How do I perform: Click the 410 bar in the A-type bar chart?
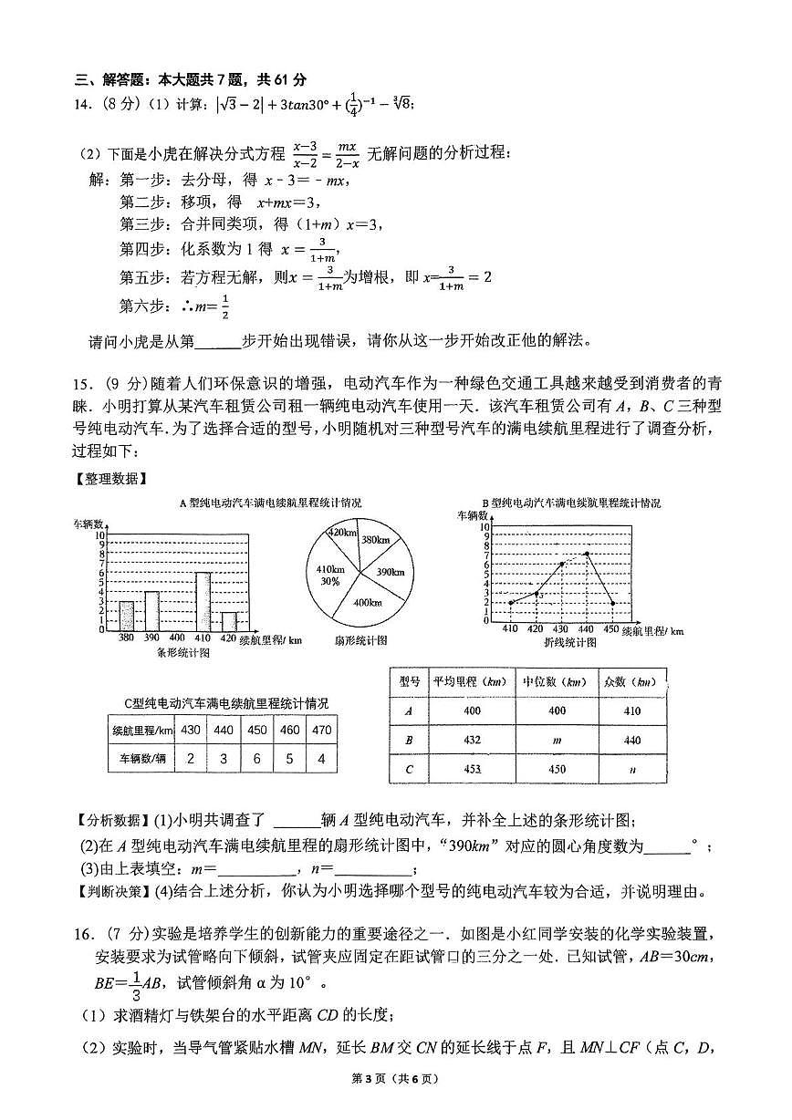point(203,601)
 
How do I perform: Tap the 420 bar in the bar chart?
point(229,621)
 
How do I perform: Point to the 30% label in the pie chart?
point(330,581)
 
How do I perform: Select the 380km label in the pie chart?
point(375,540)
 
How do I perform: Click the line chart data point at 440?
point(587,554)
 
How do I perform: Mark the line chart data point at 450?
point(612,603)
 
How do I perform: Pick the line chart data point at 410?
point(511,603)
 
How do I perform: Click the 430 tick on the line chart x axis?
point(561,627)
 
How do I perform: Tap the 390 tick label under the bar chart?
point(151,637)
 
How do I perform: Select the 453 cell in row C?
point(472,769)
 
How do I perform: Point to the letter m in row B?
point(556,740)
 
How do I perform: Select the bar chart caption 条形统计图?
point(183,652)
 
